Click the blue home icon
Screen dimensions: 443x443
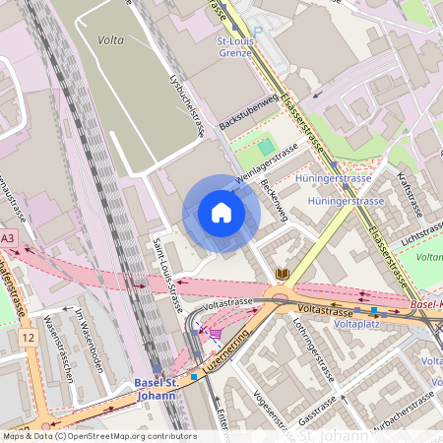coord(221,214)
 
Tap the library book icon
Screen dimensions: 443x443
coord(283,273)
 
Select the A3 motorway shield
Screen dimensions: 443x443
coord(8,238)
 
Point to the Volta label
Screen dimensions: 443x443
coord(111,40)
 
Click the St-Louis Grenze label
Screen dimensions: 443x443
coord(235,48)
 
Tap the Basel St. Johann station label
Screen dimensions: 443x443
coord(156,390)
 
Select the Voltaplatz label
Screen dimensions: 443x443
coord(357,323)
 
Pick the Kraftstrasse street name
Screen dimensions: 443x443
coord(410,195)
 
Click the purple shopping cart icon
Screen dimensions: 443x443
coord(215,334)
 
